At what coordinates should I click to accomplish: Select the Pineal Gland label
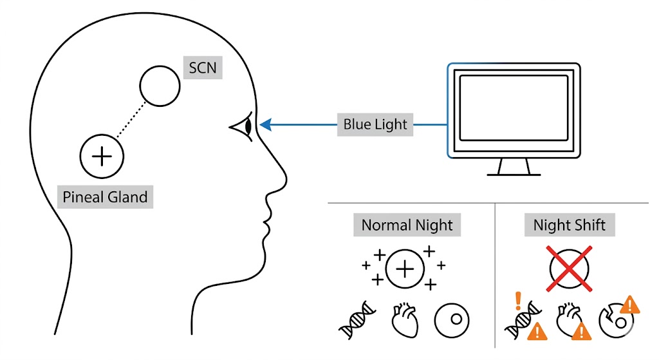point(105,196)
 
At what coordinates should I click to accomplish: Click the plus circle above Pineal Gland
point(102,156)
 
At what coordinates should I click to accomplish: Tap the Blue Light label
point(375,124)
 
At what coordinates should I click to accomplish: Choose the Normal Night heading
point(407,225)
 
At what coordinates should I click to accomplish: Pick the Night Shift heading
point(570,225)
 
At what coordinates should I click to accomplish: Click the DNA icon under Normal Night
point(358,320)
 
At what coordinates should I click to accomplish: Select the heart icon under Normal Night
point(405,318)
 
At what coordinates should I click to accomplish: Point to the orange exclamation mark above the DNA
point(517,301)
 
